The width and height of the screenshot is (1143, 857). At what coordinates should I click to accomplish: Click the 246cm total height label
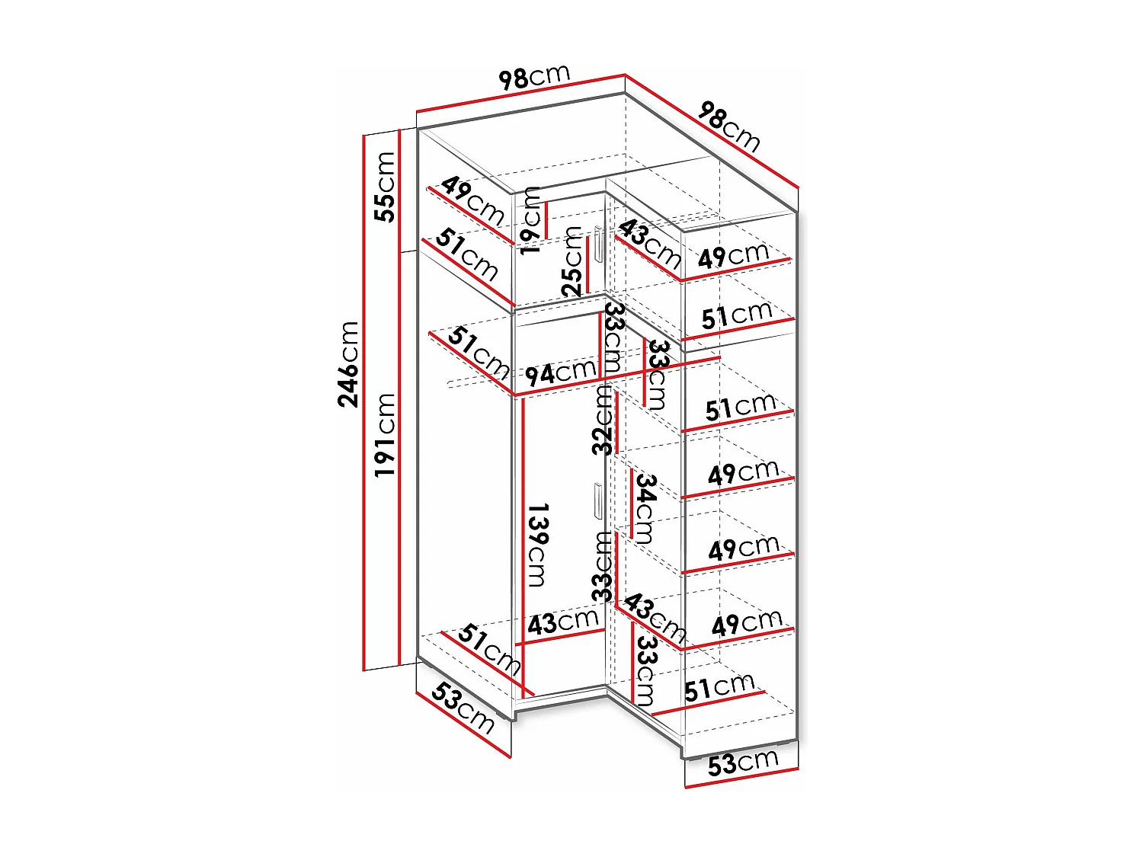(x=348, y=363)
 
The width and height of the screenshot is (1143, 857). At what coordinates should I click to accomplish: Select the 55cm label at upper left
(x=386, y=187)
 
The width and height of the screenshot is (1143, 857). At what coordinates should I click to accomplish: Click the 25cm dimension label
(x=573, y=261)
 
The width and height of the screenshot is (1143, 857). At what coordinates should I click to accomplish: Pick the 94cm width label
(x=560, y=373)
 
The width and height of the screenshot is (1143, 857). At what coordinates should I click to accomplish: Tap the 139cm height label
(x=536, y=544)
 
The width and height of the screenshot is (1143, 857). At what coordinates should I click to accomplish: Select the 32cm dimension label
(x=603, y=419)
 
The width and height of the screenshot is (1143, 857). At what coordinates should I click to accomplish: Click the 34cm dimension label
(x=645, y=508)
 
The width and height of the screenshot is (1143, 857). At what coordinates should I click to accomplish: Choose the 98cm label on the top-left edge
(x=534, y=76)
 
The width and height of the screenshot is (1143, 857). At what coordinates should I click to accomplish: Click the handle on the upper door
(x=599, y=245)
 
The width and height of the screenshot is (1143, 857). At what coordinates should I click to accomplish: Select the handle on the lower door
(x=597, y=500)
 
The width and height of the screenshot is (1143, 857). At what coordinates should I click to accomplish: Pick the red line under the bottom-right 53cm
(x=741, y=779)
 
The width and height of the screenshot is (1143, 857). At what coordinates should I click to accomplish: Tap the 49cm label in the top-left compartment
(x=472, y=200)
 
